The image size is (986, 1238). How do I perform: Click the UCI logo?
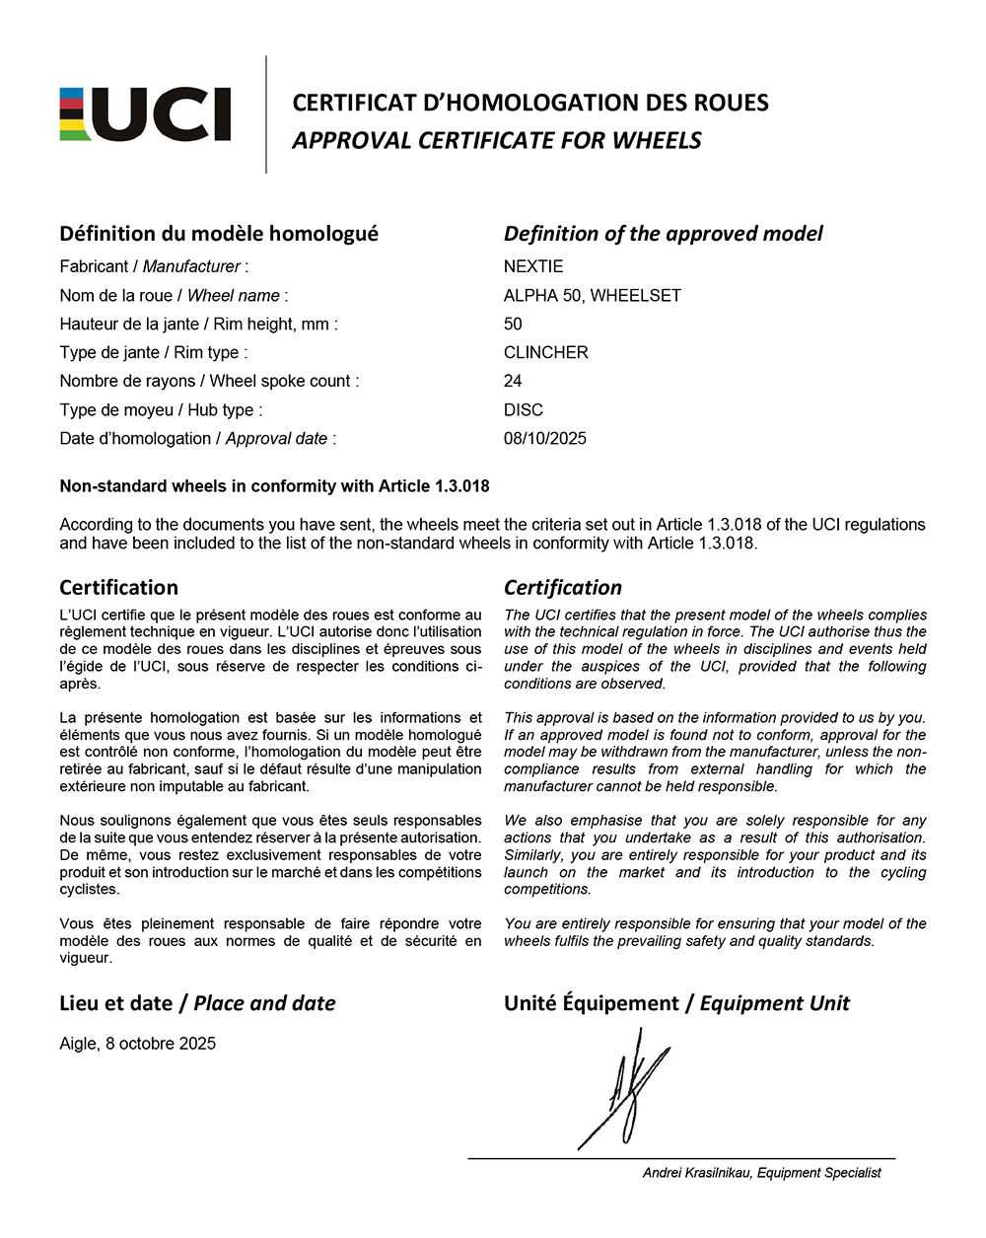click(x=145, y=114)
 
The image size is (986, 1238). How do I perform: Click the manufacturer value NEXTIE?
click(x=533, y=266)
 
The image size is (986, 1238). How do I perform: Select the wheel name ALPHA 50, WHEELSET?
click(x=592, y=295)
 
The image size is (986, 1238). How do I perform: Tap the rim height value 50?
click(x=513, y=324)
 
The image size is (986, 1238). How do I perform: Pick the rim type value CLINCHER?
click(x=545, y=352)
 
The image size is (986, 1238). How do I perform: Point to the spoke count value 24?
click(x=513, y=381)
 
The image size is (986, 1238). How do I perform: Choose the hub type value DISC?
click(x=523, y=409)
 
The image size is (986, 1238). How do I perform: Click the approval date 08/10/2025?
click(x=544, y=438)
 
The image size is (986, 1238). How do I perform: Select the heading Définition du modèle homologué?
click(x=218, y=234)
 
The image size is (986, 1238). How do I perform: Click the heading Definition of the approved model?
click(x=663, y=234)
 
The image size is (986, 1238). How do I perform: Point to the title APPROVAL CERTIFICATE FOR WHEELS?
click(x=496, y=140)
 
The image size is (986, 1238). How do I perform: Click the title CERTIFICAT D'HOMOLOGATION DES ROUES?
click(x=529, y=103)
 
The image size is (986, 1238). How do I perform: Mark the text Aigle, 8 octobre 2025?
click(x=137, y=1044)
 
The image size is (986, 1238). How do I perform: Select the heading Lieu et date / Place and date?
click(x=197, y=1003)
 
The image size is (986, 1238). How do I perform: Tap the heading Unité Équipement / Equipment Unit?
click(x=676, y=1003)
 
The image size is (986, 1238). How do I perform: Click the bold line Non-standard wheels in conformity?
click(x=274, y=486)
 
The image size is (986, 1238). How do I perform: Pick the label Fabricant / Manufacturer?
click(x=154, y=266)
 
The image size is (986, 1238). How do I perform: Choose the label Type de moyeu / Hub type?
click(x=161, y=409)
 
